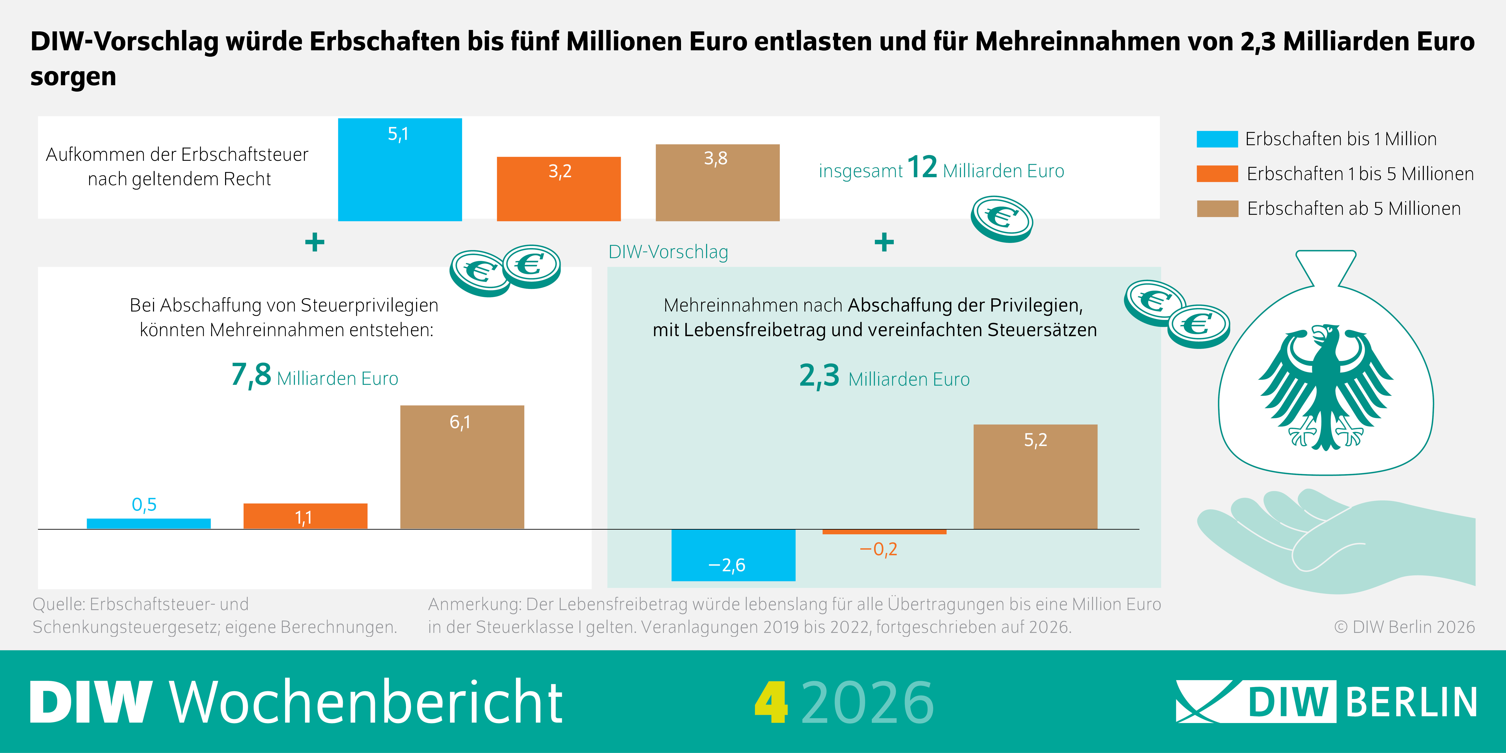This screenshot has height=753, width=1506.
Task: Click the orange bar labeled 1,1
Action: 305,516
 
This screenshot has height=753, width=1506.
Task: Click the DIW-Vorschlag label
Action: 668,252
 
